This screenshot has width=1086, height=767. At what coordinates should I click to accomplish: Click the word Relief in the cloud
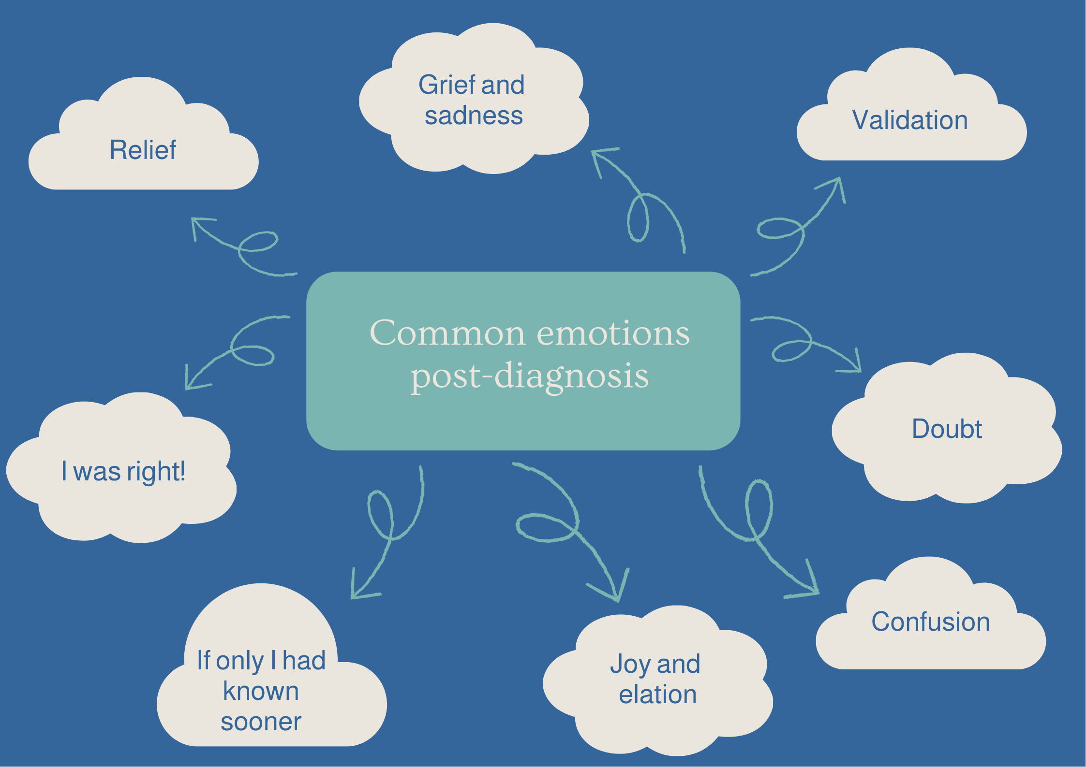point(143,150)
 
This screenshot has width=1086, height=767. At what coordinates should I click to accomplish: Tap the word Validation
point(910,120)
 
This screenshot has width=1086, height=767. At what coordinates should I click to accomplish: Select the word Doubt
point(947,429)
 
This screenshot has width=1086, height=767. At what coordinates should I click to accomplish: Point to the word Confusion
point(930,622)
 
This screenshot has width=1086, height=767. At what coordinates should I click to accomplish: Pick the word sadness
point(474,116)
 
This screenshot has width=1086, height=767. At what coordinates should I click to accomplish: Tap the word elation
point(658,695)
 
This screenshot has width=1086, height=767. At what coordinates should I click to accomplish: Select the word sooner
point(261,722)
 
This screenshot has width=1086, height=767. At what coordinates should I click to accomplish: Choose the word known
point(261,691)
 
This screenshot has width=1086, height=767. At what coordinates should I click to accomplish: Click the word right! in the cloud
point(156,472)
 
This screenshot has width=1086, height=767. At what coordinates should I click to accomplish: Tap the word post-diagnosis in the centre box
point(530,376)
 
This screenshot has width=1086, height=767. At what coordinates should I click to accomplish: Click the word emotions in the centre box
point(613,333)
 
